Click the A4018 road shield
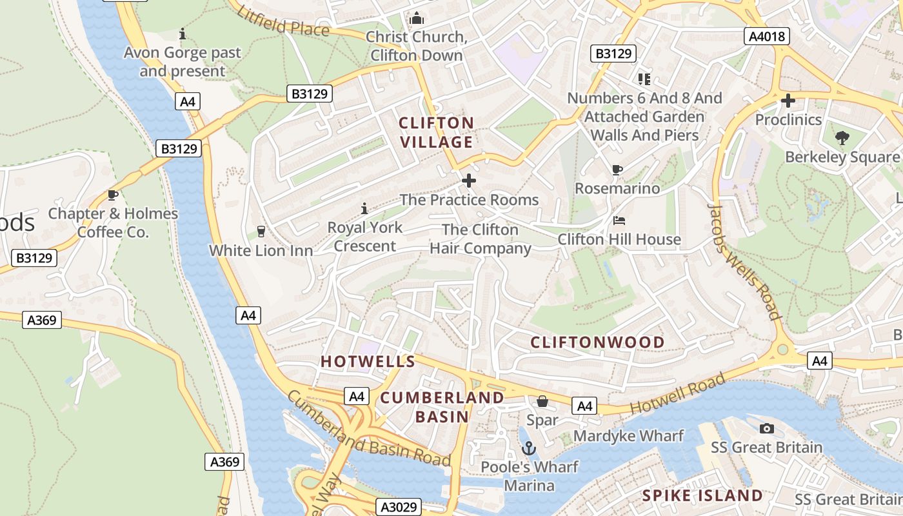(x=767, y=36)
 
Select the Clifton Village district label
(x=436, y=132)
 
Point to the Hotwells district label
(x=368, y=361)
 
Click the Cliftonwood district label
(x=597, y=342)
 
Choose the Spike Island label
(x=702, y=495)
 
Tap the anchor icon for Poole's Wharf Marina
(x=529, y=448)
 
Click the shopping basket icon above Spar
(x=542, y=401)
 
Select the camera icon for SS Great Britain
(x=766, y=428)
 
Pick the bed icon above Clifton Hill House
(x=619, y=221)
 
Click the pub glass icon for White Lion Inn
(x=261, y=232)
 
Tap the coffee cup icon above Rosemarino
(x=617, y=170)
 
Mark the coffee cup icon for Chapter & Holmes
(x=113, y=195)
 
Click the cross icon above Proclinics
(x=788, y=101)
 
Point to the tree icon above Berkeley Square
(x=842, y=137)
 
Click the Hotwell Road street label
(x=668, y=398)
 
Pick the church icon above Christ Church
(x=417, y=18)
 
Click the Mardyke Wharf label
(x=628, y=435)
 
